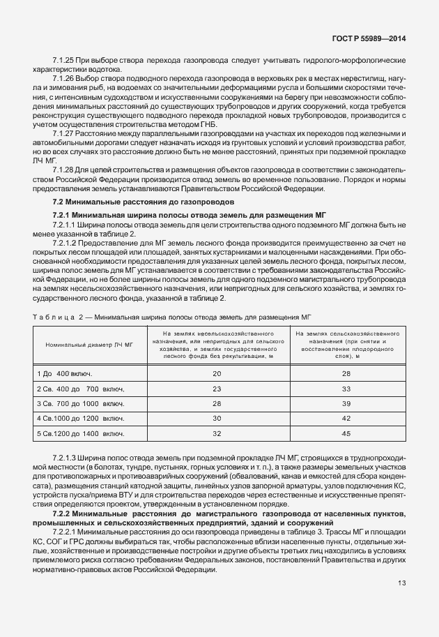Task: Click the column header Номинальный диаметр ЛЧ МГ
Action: click(89, 345)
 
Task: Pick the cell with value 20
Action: click(217, 374)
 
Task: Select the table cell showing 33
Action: click(346, 389)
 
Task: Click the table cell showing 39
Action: click(346, 404)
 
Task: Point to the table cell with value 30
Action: click(217, 419)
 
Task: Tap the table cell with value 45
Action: click(346, 433)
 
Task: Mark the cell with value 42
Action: click(346, 419)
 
